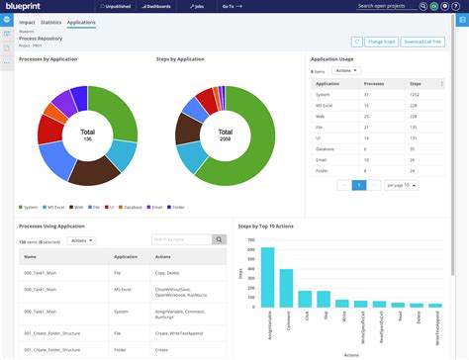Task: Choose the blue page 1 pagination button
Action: pyautogui.click(x=359, y=185)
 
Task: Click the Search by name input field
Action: pyautogui.click(x=181, y=239)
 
